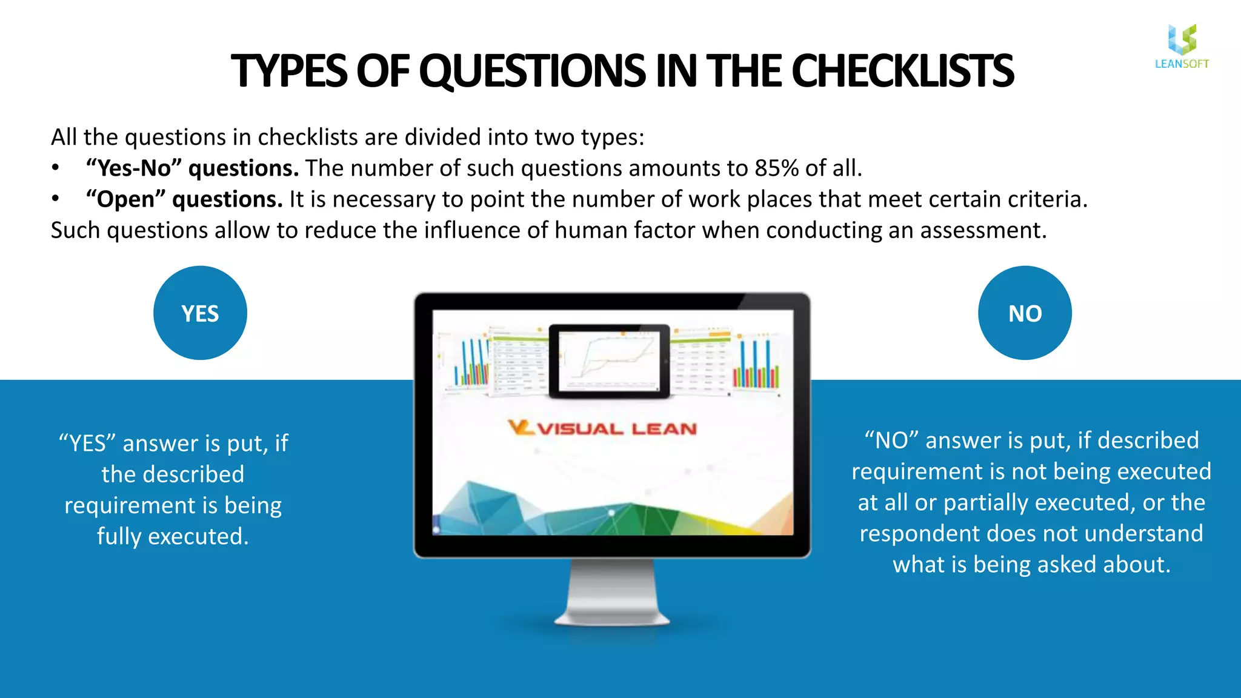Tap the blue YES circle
200,313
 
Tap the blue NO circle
1025,313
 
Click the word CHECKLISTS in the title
902,71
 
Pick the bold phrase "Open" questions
184,199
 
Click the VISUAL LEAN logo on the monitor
603,428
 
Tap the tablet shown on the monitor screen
610,361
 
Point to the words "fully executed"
173,536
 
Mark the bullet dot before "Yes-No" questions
55,168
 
